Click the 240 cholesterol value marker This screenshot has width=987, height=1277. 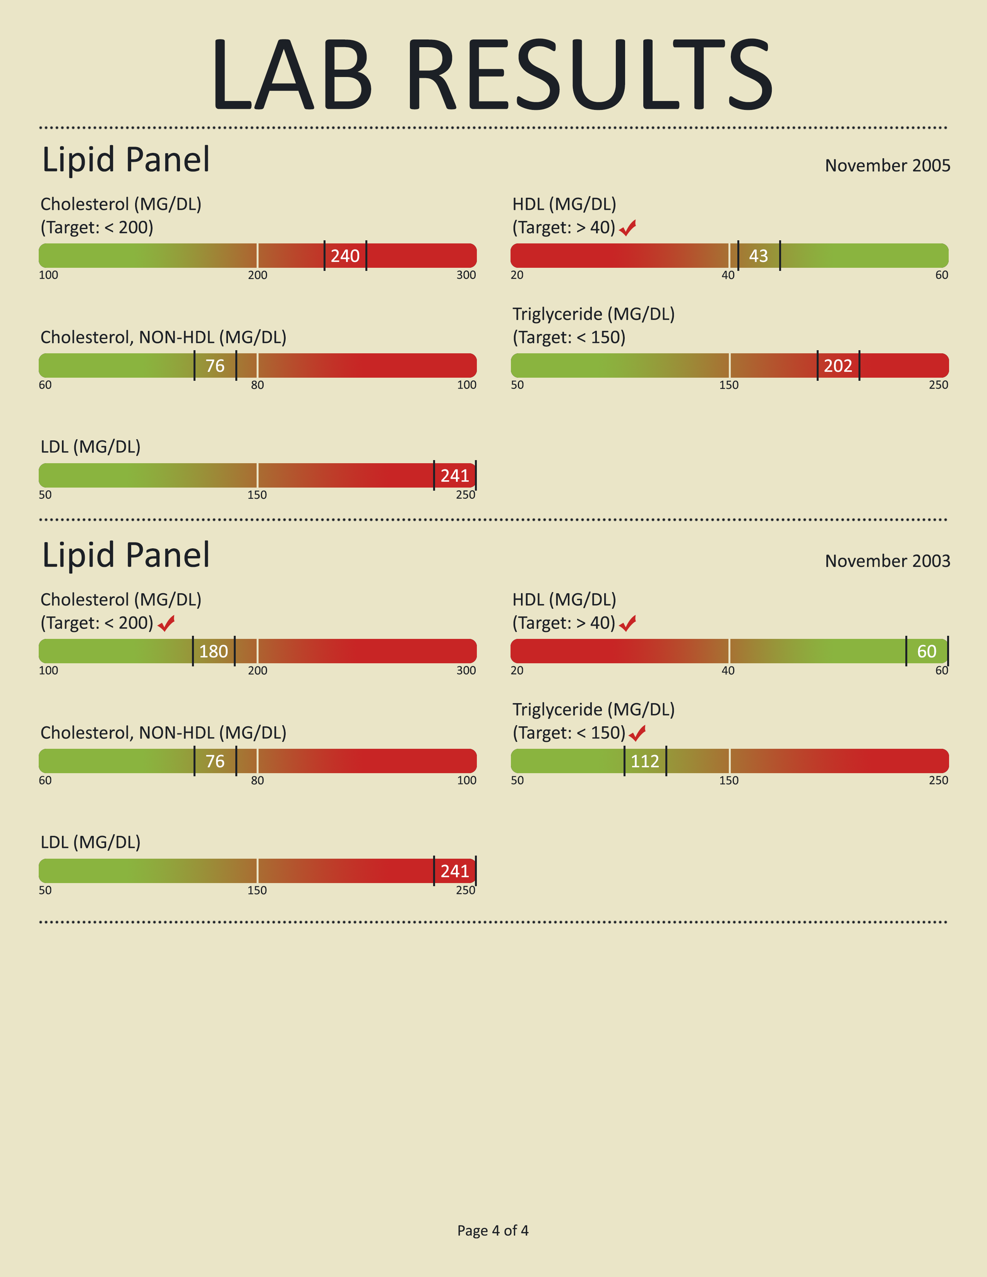point(345,255)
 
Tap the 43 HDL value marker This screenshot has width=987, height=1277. point(758,255)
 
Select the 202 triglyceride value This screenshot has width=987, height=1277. point(838,365)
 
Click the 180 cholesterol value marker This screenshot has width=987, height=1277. point(213,651)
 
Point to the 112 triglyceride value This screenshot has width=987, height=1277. point(645,761)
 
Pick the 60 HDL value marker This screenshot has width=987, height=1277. point(927,651)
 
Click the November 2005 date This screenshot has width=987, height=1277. point(887,166)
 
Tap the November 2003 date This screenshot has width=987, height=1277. point(887,561)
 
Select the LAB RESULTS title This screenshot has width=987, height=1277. point(493,73)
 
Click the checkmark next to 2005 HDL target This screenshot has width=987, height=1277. point(627,228)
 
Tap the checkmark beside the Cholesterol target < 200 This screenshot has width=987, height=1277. point(166,623)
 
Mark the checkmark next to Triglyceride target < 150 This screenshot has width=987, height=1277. point(637,733)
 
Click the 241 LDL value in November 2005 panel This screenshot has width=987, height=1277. point(454,475)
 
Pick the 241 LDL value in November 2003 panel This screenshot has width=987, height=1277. point(454,871)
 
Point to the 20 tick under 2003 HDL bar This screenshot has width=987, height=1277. point(517,671)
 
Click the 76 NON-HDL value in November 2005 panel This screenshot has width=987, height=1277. point(215,365)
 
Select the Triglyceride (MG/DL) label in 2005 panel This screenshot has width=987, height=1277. point(593,314)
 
